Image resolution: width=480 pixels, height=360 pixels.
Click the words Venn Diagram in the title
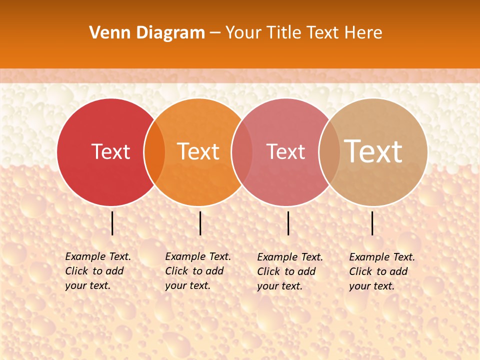(147, 33)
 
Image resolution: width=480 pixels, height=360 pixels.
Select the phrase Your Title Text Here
(303, 33)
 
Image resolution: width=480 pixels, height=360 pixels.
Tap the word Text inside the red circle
(110, 151)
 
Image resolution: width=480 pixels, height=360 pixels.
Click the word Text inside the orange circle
(198, 151)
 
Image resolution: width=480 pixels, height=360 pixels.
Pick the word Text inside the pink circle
(285, 151)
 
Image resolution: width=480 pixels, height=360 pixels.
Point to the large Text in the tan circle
(373, 151)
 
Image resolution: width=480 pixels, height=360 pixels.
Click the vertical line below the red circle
(112, 223)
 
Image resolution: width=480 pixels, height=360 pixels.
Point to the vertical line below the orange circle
(200, 223)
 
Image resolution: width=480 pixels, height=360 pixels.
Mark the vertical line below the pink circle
(288, 223)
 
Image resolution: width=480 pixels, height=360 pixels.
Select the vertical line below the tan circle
(372, 223)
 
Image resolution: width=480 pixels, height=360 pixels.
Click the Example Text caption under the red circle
(98, 271)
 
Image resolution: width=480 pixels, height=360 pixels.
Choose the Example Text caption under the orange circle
(198, 271)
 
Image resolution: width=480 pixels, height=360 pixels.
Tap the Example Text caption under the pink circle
(290, 271)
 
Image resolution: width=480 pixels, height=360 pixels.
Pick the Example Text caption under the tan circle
(382, 271)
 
